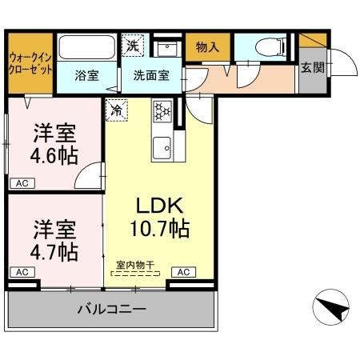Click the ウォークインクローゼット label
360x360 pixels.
[x=30, y=63]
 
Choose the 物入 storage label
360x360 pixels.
[x=207, y=47]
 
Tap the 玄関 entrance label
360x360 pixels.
[x=311, y=68]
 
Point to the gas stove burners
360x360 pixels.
[x=162, y=111]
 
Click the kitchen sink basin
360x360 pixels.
[x=163, y=147]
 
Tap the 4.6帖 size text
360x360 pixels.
[x=55, y=156]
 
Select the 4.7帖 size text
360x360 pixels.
[x=55, y=252]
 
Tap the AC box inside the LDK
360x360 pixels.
[x=182, y=272]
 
